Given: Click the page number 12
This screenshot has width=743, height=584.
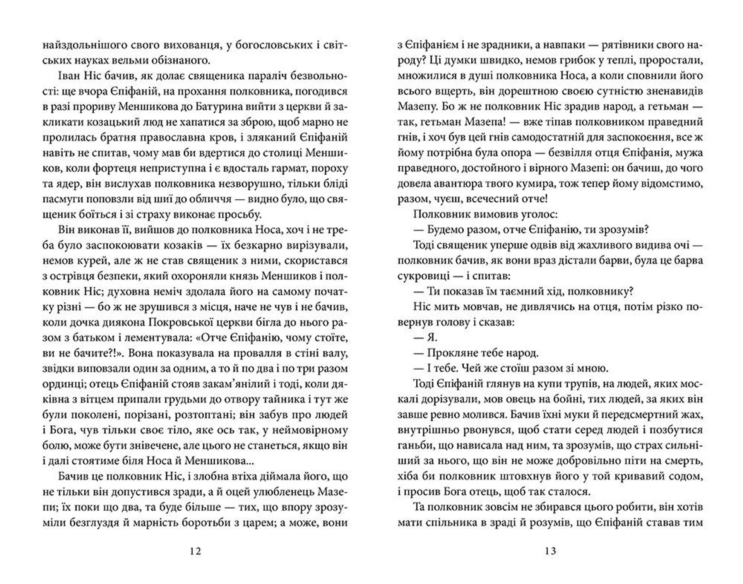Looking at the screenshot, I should click(196, 551).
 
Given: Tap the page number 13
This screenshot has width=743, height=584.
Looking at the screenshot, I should click(550, 551).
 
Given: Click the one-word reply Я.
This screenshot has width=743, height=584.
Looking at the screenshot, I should click(431, 337).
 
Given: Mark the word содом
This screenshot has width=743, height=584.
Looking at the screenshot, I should click(686, 476).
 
